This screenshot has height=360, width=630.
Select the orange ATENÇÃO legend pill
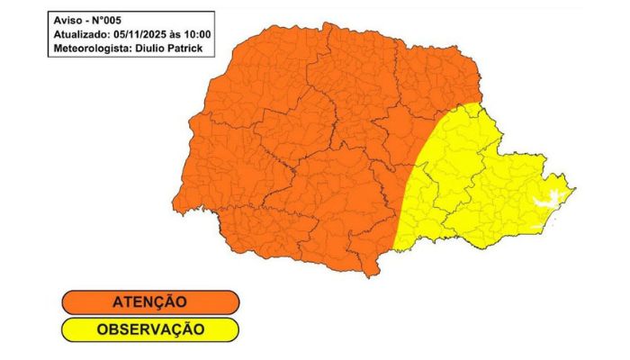click(x=149, y=301)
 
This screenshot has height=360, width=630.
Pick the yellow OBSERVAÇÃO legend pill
click(x=149, y=328)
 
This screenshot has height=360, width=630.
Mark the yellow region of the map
click(x=468, y=189)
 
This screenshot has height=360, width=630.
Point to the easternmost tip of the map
click(x=576, y=188)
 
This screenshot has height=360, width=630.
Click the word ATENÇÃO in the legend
click(x=149, y=301)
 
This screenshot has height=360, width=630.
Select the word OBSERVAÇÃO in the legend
click(x=149, y=328)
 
